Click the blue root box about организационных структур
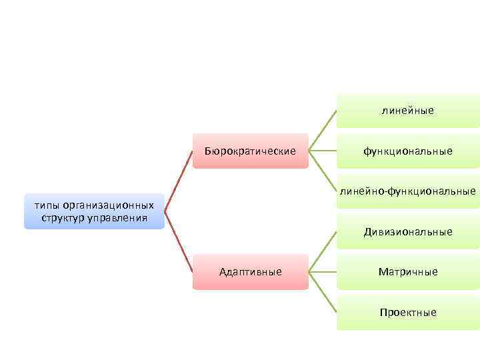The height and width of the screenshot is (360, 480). (94, 211)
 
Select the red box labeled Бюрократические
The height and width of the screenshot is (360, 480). (250, 151)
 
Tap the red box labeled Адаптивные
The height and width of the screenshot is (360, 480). (250, 272)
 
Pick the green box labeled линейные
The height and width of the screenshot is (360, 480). (407, 111)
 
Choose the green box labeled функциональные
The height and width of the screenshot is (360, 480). (407, 151)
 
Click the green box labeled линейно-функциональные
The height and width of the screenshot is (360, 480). (407, 192)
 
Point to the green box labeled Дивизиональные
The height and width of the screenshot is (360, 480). (407, 232)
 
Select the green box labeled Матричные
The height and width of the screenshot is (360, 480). (407, 272)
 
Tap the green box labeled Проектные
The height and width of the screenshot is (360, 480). (407, 312)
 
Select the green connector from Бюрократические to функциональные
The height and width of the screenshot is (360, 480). (323, 151)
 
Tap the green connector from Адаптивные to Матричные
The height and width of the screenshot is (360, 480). (323, 272)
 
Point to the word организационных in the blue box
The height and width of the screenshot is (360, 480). (107, 206)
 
